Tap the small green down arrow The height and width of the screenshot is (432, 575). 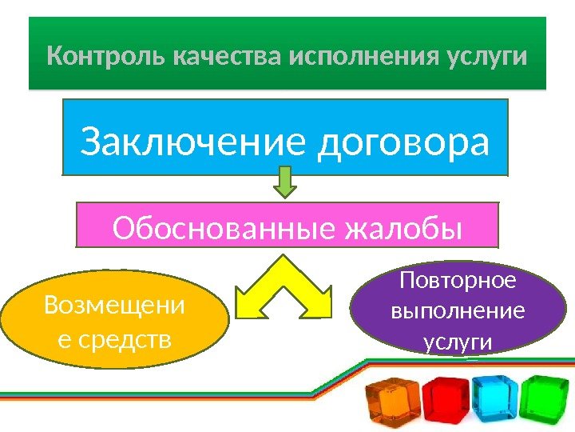click(x=285, y=182)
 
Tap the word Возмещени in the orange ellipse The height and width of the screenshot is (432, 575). click(x=114, y=306)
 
